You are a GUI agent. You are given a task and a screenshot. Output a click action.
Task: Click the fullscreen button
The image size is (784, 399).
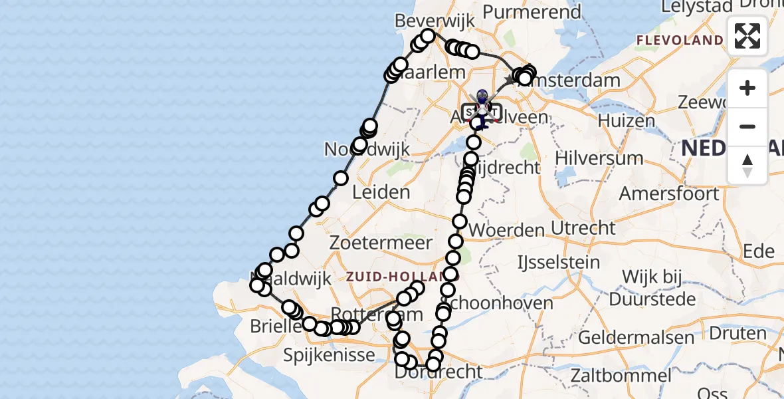point(747,36)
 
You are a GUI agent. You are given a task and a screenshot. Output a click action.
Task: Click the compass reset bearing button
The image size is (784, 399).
point(747,166)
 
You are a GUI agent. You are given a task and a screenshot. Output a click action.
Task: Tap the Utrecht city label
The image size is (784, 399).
point(583,228)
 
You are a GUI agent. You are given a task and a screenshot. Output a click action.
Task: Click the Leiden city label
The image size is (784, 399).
point(381,193)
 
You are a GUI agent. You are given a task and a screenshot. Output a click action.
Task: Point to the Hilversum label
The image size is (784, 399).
point(600,158)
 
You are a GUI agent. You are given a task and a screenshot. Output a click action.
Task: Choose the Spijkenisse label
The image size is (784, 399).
point(330,355)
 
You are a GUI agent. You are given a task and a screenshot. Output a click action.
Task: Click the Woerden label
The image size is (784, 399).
point(507,230)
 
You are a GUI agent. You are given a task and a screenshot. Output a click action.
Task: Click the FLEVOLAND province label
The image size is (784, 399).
point(680,41)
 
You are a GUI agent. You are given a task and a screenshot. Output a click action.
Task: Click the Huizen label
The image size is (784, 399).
point(627,121)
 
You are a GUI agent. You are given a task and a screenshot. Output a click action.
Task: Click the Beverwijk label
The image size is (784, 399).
point(444,21)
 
